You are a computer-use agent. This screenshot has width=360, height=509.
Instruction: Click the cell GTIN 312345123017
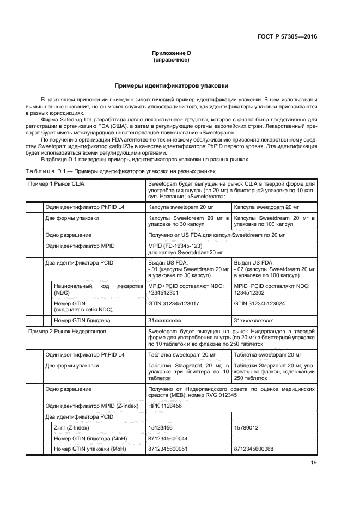point(174,303)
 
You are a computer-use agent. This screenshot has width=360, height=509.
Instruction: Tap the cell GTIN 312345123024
point(259,303)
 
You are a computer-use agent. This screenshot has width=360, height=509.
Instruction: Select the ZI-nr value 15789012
point(246,428)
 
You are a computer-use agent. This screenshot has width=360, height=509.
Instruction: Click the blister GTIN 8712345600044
point(168,438)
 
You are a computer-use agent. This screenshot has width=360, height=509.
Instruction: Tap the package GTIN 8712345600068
point(253,449)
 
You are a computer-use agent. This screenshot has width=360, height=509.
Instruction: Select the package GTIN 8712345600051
point(168,449)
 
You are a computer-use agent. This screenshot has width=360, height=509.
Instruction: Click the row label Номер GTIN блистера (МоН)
point(89,438)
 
